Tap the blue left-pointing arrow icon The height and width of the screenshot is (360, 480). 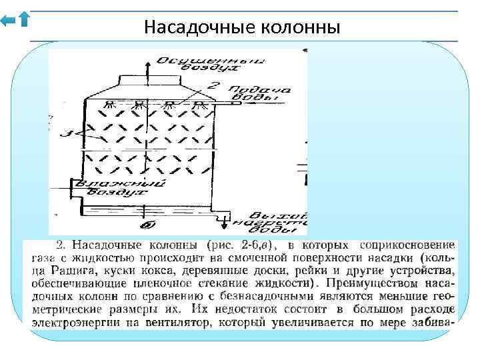(9, 21)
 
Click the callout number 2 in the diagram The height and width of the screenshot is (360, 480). (213, 85)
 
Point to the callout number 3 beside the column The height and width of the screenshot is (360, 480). (64, 135)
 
